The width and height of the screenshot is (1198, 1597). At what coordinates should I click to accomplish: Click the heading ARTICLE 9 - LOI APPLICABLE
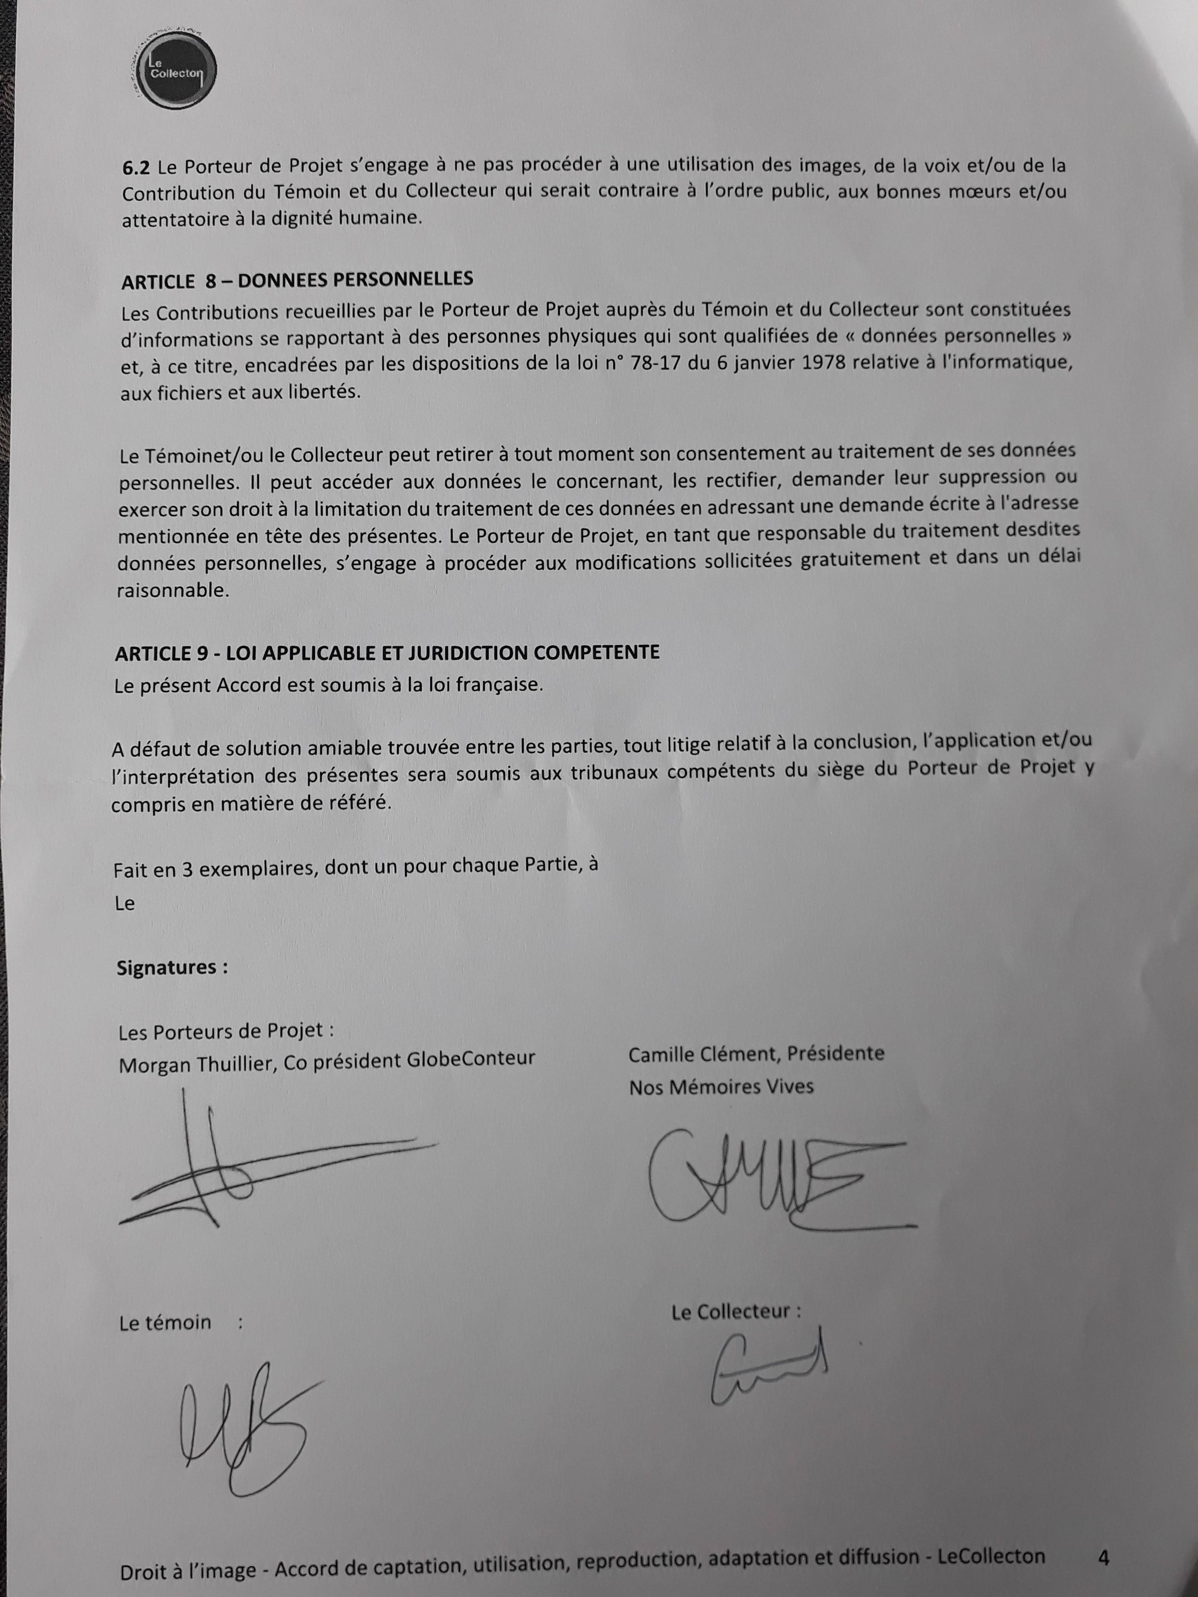pos(386,653)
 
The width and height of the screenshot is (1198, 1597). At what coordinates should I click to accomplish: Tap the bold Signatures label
pos(172,968)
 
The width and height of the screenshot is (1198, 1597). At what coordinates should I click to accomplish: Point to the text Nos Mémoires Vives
pos(721,1087)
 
